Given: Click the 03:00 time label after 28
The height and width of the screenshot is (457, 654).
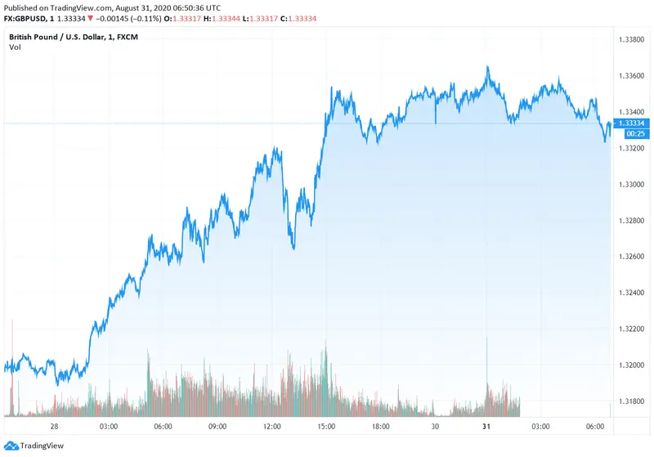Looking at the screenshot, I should (x=108, y=427).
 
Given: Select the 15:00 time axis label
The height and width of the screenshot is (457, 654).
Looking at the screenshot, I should (x=327, y=427).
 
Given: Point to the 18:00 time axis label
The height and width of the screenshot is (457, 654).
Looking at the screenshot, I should (x=381, y=427).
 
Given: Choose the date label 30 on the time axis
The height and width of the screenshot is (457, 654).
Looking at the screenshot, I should (x=436, y=427).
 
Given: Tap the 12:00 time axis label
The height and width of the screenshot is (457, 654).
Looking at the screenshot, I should (x=272, y=427).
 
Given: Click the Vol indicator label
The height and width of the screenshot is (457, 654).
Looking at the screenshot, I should (x=16, y=47).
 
